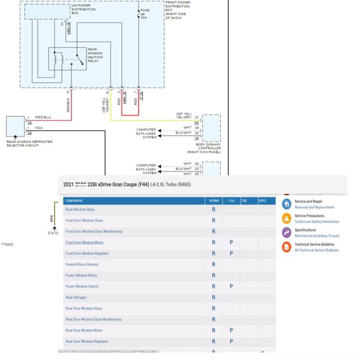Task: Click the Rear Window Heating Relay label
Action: point(96,55)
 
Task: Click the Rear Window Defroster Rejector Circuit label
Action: point(29,143)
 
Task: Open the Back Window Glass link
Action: point(80,210)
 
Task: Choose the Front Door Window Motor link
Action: point(84,243)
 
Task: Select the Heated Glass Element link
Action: point(81,265)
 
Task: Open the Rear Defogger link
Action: point(76,297)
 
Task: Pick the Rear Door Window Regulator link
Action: point(87,341)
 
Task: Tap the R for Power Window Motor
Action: point(213,275)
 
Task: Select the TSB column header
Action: point(245,200)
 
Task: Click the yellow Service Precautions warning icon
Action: point(286,219)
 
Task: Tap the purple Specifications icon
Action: point(286,233)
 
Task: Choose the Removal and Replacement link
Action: point(314,207)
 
